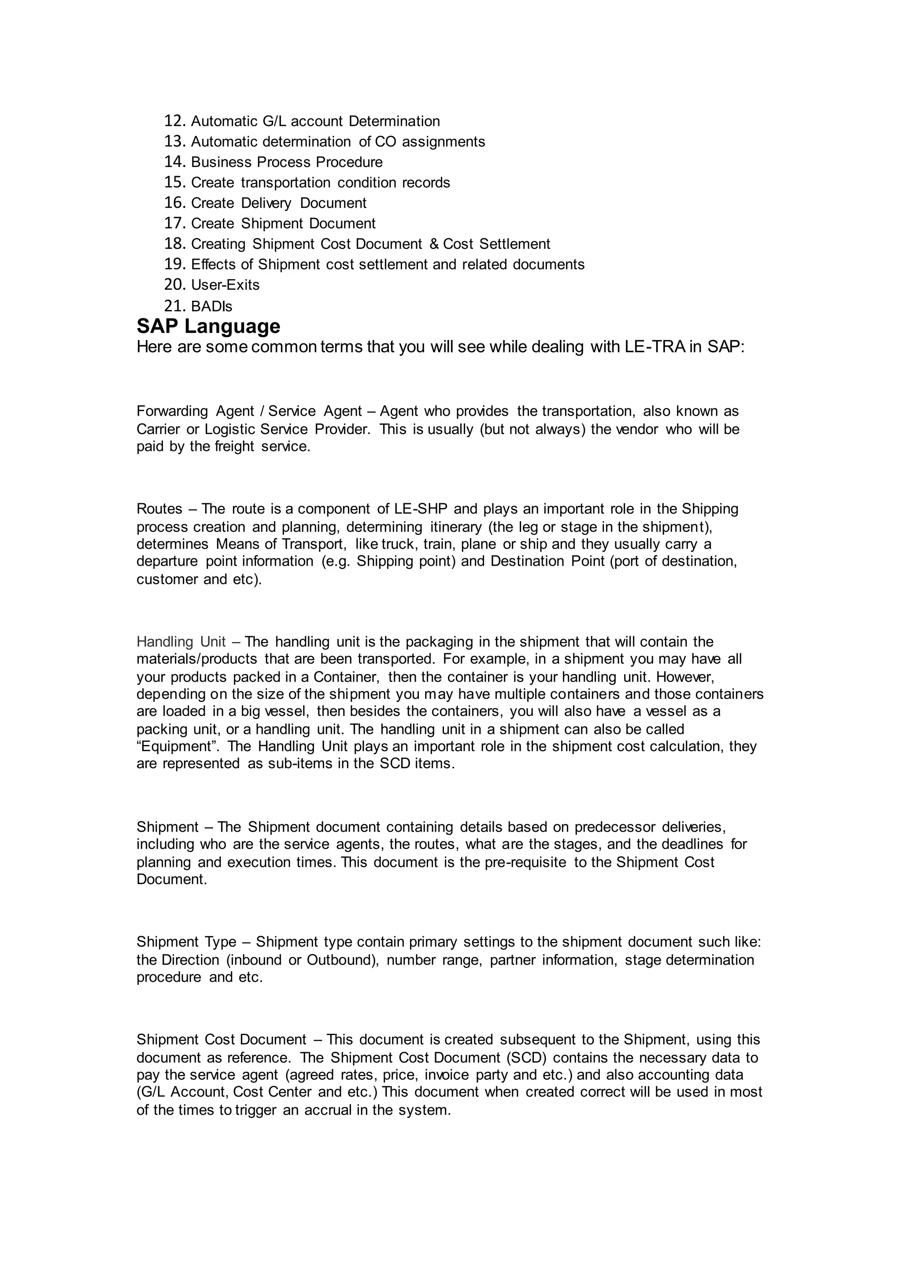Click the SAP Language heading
(x=208, y=326)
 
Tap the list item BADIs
(x=211, y=306)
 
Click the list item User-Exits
(x=225, y=285)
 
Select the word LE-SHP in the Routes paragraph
(x=421, y=509)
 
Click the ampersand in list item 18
(x=434, y=244)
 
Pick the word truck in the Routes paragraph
(x=398, y=544)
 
